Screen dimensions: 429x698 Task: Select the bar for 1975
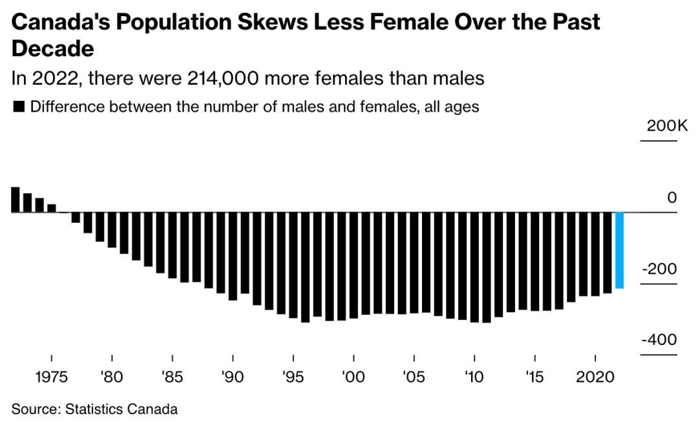coord(52,208)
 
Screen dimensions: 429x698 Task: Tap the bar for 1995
coord(293,265)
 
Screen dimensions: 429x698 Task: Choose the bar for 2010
coord(474,267)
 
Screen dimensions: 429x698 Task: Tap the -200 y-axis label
coord(659,269)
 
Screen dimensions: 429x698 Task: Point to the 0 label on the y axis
coord(672,198)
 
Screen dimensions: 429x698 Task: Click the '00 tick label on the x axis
coord(354,377)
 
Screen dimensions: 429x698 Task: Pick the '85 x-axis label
coord(172,377)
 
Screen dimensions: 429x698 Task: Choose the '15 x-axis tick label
coord(534,377)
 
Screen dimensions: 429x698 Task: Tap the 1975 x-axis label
coord(51,377)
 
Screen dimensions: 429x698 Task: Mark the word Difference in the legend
coord(61,107)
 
